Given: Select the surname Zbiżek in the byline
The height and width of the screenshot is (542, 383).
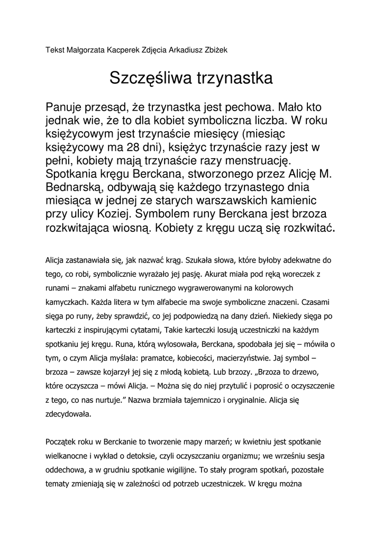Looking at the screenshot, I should click(x=214, y=50).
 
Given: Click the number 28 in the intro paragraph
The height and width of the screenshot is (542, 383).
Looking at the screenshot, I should click(x=135, y=147).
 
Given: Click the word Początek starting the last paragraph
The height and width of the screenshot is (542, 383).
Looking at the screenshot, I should click(x=62, y=440).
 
